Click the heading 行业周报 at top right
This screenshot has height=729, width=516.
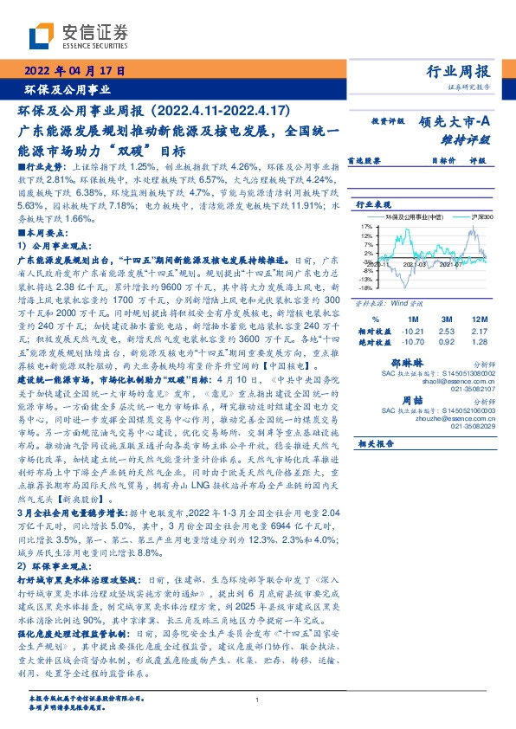pyautogui.click(x=458, y=71)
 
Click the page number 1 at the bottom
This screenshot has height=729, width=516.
pyautogui.click(x=258, y=700)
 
